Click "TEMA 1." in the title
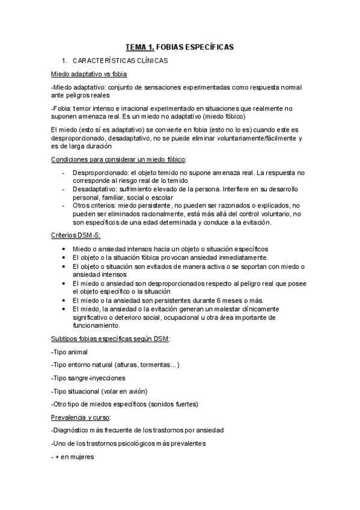pyautogui.click(x=139, y=46)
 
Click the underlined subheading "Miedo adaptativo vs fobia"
pyautogui.click(x=89, y=75)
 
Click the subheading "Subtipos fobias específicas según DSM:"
pyautogui.click(x=111, y=339)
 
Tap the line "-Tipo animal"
pyautogui.click(x=70, y=352)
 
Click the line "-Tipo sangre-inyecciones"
pyautogui.click(x=88, y=378)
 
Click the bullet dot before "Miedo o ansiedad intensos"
pyautogui.click(x=64, y=250)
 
